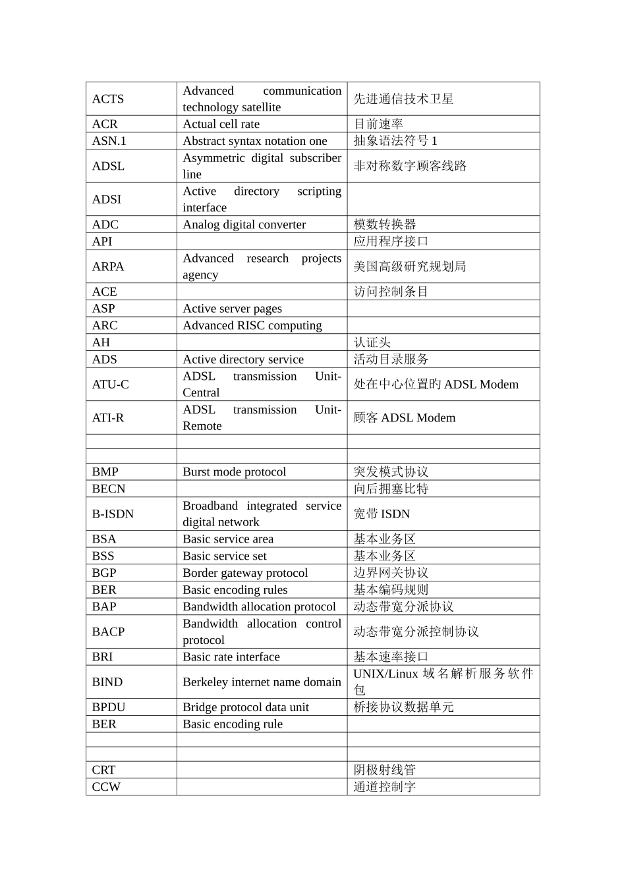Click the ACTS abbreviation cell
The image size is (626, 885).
tap(108, 99)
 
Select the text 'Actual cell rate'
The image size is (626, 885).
tap(221, 124)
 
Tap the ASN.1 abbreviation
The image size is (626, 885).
tap(109, 141)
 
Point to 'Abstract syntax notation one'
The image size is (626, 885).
tap(254, 141)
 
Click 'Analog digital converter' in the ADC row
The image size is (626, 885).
tap(244, 225)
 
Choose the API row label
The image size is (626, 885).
tap(102, 242)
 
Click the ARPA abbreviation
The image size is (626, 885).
tap(108, 267)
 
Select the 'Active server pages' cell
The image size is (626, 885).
tap(232, 309)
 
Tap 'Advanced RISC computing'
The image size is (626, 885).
tap(252, 325)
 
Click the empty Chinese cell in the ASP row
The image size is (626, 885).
tap(443, 309)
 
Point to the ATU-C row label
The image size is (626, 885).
tap(111, 385)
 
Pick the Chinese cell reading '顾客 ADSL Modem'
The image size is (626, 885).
tap(404, 418)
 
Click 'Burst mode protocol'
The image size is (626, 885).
tap(234, 472)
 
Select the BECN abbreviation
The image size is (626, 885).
tap(109, 489)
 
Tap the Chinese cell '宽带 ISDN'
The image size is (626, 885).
tap(382, 514)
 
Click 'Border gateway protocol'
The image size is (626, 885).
tap(245, 573)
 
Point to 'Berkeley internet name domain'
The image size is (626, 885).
tap(262, 682)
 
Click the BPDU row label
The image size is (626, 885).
tap(109, 707)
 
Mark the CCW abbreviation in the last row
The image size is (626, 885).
tap(106, 787)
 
